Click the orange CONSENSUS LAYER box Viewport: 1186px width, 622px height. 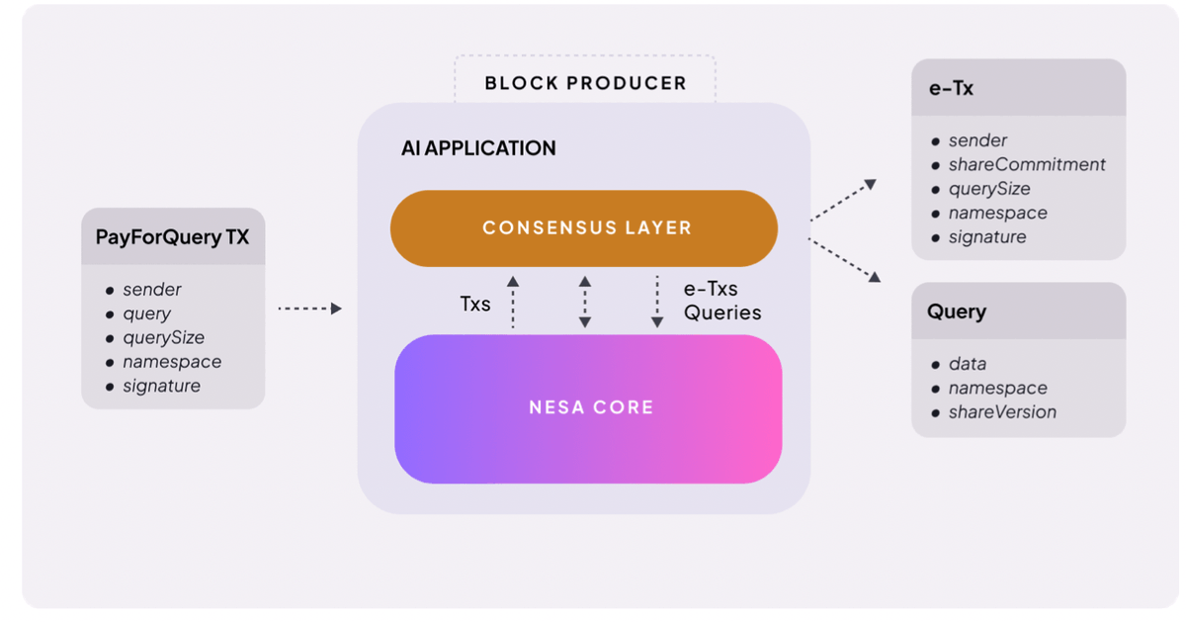[584, 228]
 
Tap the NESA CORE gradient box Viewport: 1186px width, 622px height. [588, 408]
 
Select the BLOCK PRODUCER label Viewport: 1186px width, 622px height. [585, 83]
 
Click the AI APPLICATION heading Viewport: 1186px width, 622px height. [478, 148]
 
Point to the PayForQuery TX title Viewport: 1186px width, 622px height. [172, 236]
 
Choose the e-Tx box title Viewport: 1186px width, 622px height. [951, 88]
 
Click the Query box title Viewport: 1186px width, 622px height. [957, 311]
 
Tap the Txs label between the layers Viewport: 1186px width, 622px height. [475, 305]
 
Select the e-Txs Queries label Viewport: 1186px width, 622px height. [722, 301]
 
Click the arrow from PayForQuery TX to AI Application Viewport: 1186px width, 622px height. [310, 309]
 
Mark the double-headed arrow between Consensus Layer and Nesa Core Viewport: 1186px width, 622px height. [585, 302]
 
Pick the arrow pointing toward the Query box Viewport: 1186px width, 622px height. [844, 260]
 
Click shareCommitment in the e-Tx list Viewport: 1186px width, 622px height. [1027, 165]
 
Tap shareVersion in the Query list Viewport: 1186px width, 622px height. [1002, 412]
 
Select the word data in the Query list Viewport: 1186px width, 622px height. [968, 364]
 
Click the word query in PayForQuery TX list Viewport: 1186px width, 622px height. [146, 314]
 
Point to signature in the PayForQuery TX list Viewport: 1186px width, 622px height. [161, 387]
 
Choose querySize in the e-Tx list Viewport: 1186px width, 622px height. [989, 189]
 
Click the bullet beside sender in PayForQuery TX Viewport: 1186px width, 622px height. [110, 291]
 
